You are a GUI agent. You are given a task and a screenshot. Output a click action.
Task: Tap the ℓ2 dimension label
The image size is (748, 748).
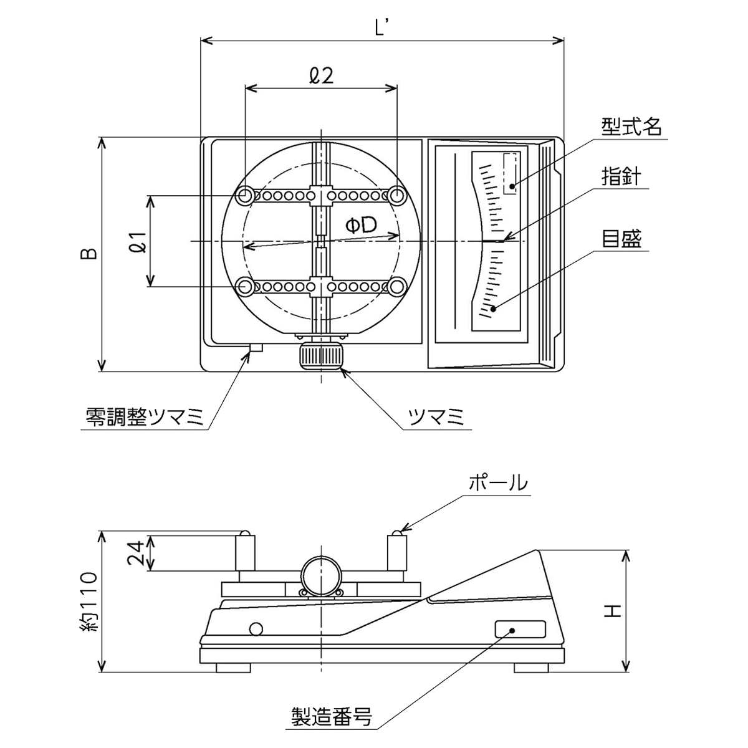pos(321,75)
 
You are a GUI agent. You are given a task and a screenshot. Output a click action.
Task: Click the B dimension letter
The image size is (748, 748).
pos(89,254)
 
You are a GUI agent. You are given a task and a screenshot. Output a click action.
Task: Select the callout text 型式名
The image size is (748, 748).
pos(631,127)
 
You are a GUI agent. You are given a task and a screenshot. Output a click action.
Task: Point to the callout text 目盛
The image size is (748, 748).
pos(621,239)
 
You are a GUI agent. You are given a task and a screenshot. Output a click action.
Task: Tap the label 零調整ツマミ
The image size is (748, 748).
pos(145,418)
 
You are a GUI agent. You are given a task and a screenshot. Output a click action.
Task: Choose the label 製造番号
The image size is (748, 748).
pos(332,717)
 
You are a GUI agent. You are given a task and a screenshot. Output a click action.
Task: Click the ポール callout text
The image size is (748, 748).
pos(498,483)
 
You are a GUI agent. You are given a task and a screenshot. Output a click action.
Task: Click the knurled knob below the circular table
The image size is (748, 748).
pos(322,356)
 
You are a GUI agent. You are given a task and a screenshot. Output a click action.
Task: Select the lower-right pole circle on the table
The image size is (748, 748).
pos(397,287)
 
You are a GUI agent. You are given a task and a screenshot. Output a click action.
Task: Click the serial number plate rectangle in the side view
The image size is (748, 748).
pos(520,630)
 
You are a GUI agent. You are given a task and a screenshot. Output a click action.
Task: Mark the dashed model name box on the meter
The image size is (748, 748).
pos(511,173)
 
